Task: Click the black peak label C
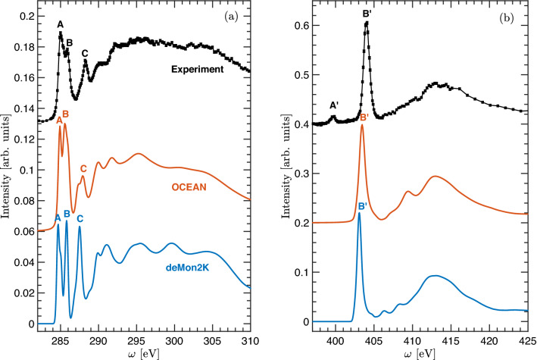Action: (85, 52)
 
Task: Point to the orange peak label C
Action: (83, 168)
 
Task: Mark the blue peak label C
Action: (80, 219)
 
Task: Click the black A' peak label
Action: (333, 105)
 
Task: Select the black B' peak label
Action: (366, 13)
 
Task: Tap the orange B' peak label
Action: (364, 117)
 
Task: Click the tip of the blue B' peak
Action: (359, 214)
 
